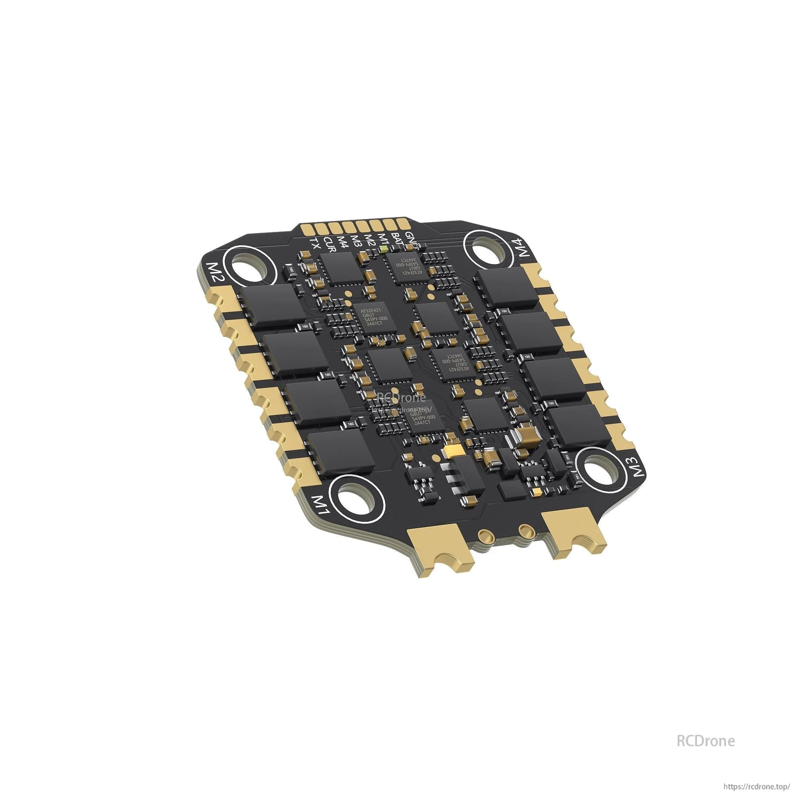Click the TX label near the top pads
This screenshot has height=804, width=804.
pyautogui.click(x=314, y=243)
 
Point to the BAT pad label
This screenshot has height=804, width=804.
pyautogui.click(x=395, y=239)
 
